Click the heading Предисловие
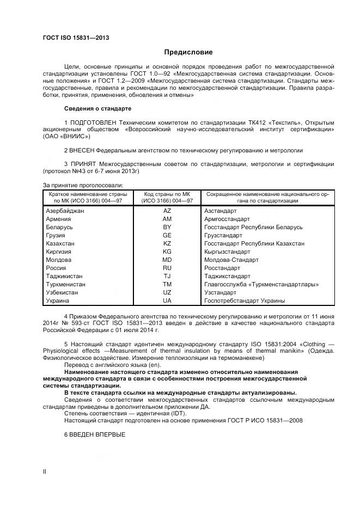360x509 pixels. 188,52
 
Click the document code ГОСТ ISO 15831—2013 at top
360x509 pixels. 76,38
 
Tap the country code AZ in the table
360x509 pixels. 167,210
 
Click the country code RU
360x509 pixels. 167,268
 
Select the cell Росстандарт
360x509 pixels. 222,268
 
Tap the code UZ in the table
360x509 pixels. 167,292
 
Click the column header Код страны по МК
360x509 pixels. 167,194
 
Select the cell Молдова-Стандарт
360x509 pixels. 229,260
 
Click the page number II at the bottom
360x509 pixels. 45,471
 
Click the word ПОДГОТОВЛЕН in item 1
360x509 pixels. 96,122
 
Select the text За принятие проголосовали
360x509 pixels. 83,185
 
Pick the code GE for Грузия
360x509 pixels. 167,235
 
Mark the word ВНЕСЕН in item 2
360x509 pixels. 83,149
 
